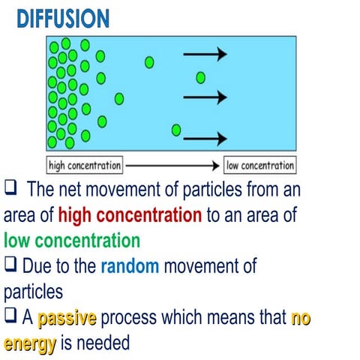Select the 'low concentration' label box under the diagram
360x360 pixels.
260,164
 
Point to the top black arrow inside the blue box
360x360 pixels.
205,54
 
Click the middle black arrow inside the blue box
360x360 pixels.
205,97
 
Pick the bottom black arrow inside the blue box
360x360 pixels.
205,138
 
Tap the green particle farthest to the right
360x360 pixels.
200,77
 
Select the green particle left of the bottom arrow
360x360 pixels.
176,130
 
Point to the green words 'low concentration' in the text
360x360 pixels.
72,241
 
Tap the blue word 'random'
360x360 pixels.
130,265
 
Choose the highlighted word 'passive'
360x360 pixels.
67,319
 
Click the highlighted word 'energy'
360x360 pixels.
31,343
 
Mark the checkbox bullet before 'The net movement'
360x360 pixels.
10,187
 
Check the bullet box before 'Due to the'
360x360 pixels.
10,265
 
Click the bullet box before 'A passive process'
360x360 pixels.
10,319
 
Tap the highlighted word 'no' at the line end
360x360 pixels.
301,319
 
